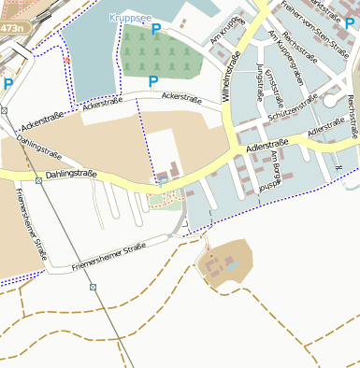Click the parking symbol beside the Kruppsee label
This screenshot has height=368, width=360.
(x=156, y=30)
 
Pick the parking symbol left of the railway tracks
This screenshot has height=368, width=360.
(x=8, y=84)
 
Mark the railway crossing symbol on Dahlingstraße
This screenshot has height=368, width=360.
(x=38, y=179)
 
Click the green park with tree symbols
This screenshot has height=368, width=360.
(x=165, y=52)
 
